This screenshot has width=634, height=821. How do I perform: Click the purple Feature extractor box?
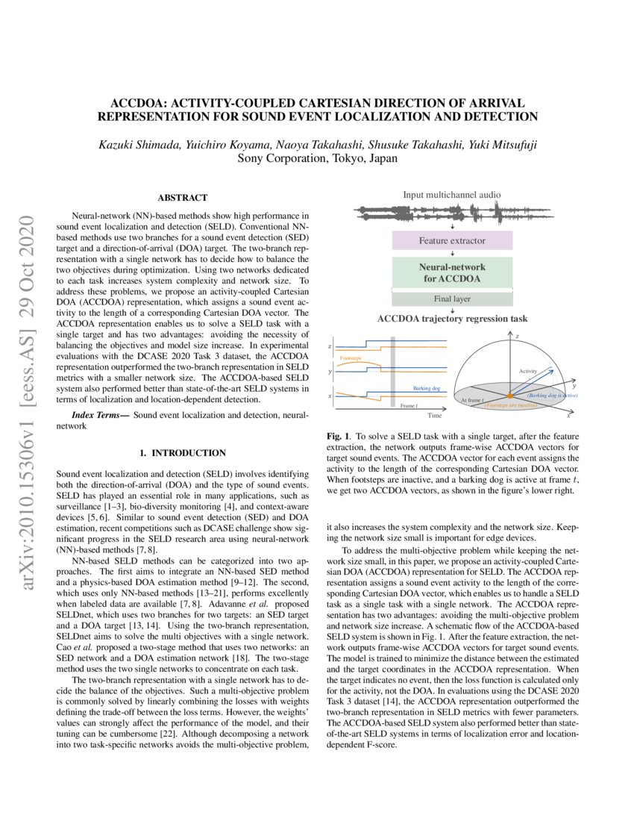453,241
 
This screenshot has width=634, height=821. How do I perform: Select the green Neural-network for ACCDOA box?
453,273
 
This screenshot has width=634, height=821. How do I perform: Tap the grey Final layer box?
453,299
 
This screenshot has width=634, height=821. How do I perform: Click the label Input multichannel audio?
453,195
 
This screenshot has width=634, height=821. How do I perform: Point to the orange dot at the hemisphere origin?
509,395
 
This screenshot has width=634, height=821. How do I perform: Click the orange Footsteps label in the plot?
352,358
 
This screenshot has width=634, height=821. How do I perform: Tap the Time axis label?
435,414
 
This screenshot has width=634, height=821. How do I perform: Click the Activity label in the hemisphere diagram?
529,371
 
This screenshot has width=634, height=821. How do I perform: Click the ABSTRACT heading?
182,198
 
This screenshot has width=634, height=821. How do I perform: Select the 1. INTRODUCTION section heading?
183,452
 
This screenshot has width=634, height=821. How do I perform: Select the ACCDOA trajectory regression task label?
453,319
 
